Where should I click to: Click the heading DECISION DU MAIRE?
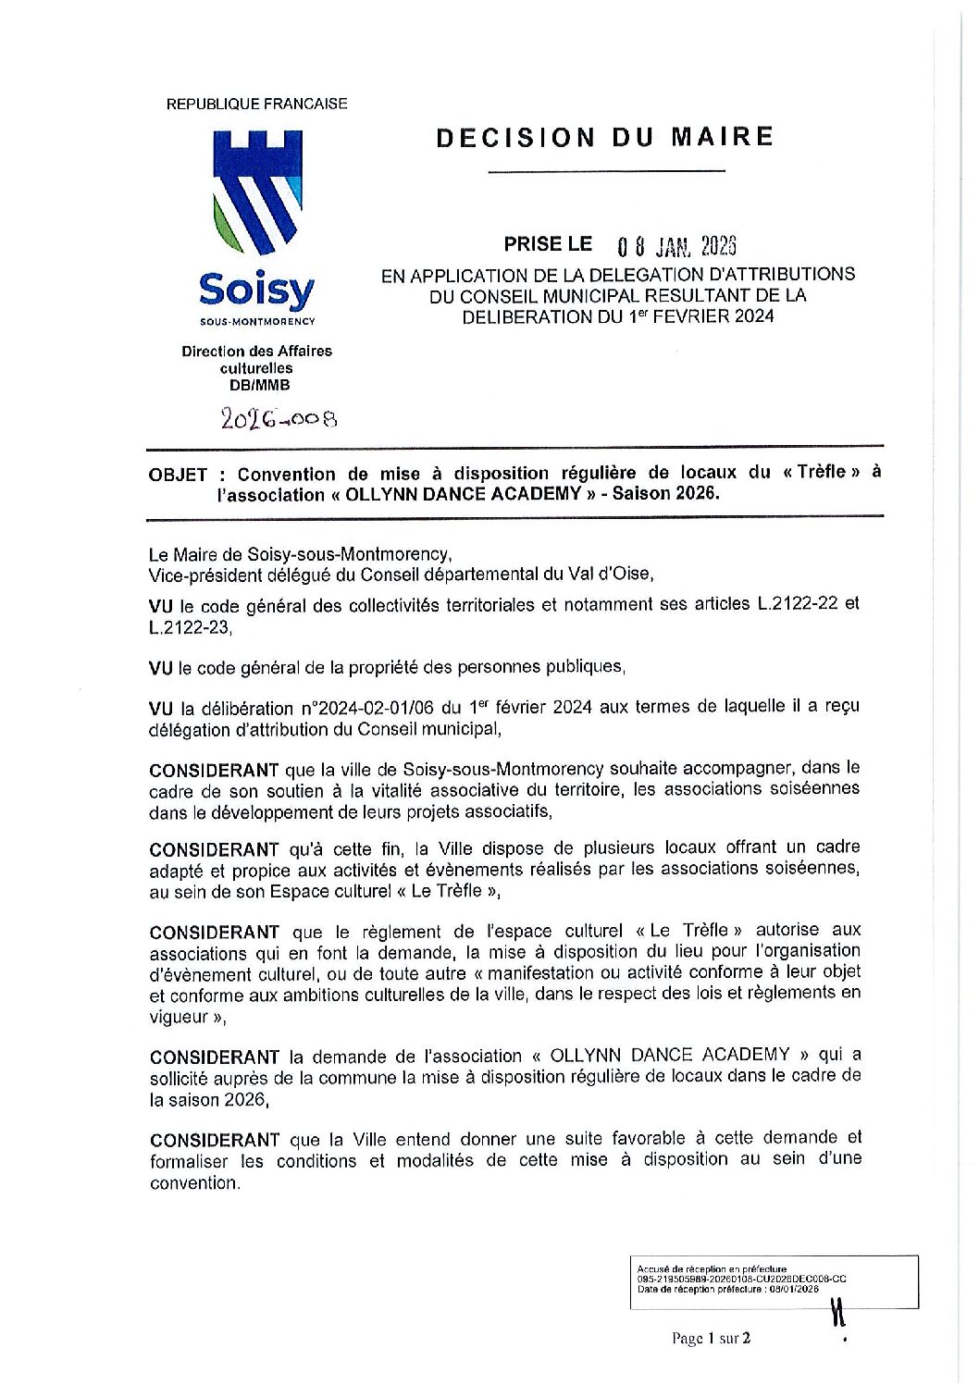pyautogui.click(x=604, y=138)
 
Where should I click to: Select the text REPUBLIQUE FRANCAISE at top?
pyautogui.click(x=256, y=104)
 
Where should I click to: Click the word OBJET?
pyautogui.click(x=179, y=476)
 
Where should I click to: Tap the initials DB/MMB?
pyautogui.click(x=256, y=385)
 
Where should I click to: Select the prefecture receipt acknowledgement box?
pyautogui.click(x=773, y=1282)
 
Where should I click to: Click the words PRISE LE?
pyautogui.click(x=548, y=244)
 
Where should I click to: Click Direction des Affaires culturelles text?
pyautogui.click(x=256, y=359)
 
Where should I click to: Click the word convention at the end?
pyautogui.click(x=192, y=1182)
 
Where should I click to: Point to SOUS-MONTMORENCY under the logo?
pyautogui.click(x=256, y=322)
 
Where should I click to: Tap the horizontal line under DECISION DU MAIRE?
pyautogui.click(x=606, y=171)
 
